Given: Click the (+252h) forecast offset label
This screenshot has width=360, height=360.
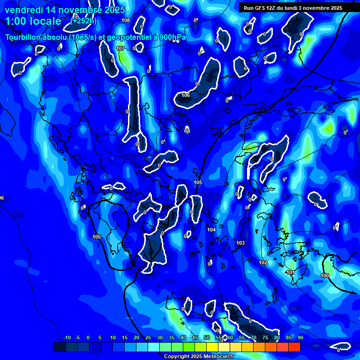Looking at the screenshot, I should (83, 21).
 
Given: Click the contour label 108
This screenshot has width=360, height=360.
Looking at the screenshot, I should (125, 20).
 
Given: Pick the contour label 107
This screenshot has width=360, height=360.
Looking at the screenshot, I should (120, 48).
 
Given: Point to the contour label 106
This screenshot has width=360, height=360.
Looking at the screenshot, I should (186, 95).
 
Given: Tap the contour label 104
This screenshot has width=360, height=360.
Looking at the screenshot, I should (211, 230).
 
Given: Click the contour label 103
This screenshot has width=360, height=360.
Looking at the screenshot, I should (240, 243).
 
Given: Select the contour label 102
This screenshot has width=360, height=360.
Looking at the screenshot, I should (263, 262).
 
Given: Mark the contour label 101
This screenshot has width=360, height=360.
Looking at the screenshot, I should (291, 272).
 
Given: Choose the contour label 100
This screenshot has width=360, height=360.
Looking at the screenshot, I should (325, 276).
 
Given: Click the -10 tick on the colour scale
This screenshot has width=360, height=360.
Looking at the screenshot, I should (67, 337).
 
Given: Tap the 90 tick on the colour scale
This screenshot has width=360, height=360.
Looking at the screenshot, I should (300, 337).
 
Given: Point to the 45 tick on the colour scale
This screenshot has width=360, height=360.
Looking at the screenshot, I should (195, 337).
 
